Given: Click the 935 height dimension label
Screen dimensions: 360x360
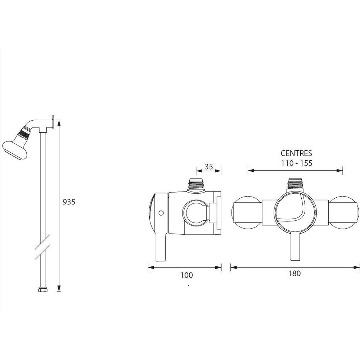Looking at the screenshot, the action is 69,202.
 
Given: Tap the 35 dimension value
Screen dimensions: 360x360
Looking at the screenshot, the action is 209,167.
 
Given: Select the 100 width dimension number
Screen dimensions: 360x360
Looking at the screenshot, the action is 186,275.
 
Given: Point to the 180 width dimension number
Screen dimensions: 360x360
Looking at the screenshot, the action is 294,274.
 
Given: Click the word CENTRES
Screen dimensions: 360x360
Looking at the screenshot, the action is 296,153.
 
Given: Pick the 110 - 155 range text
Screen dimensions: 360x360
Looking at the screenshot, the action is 297,163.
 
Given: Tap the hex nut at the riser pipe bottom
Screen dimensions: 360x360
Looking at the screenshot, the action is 43,290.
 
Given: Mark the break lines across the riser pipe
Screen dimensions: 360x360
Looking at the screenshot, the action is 42,247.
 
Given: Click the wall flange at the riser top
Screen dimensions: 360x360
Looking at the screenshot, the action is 53,122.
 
